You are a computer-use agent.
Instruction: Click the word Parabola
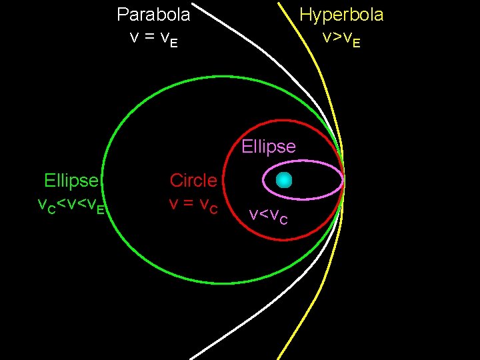153,14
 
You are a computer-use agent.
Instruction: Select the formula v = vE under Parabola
153,37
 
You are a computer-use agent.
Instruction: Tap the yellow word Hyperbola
341,14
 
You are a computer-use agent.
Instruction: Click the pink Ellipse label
269,146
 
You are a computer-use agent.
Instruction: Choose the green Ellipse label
71,180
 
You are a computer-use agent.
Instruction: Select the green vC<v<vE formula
71,205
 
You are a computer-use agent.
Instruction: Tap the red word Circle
193,180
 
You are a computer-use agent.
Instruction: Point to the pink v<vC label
269,215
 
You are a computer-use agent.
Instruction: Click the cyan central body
285,180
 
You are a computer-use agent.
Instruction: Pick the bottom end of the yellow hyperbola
278,358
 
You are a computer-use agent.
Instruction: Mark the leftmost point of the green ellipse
103,180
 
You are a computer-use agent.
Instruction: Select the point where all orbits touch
343,180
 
